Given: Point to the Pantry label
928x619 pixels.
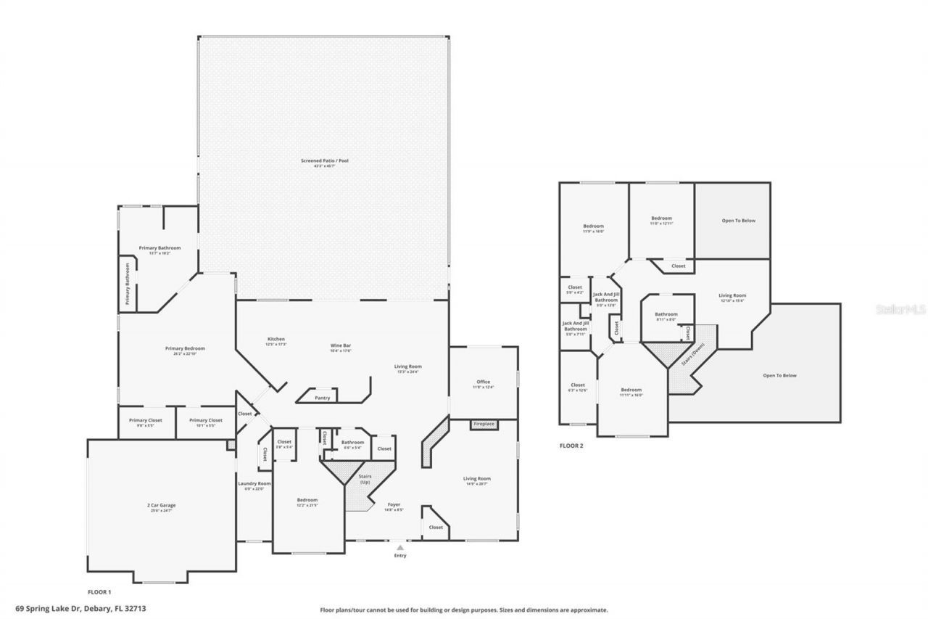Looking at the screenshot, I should (x=322, y=398).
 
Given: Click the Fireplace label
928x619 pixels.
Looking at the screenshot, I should (x=484, y=424).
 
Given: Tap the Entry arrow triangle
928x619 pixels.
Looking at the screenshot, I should (x=399, y=547).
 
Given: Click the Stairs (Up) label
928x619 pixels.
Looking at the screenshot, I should (x=365, y=479).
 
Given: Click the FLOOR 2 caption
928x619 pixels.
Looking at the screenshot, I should (x=571, y=446).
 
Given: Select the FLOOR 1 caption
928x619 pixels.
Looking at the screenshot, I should (x=99, y=592).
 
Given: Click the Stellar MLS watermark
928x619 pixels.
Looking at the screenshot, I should (x=900, y=309).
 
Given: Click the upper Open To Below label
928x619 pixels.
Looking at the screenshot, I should (x=738, y=221).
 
